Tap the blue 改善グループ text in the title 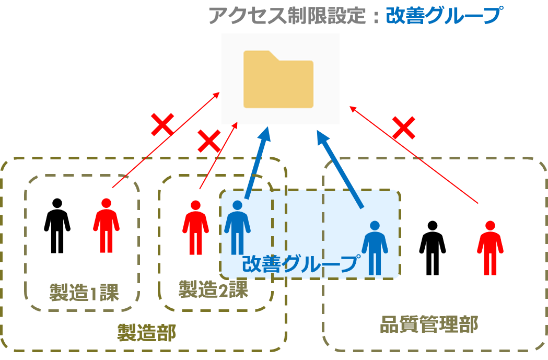coord(443,15)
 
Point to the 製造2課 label coord(213,288)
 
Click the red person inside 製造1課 coord(106,226)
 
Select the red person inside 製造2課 coord(195,228)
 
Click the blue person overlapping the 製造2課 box coord(237,228)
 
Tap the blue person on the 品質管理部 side coord(375,248)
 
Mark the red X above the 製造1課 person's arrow coord(162,124)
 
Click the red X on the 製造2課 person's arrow coord(208,142)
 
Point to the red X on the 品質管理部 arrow coord(403,127)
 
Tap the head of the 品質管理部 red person coord(490,226)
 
